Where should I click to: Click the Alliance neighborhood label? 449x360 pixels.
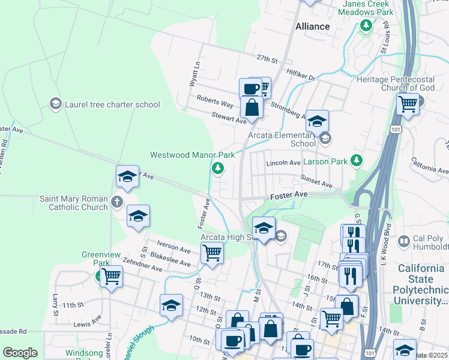click(313, 26)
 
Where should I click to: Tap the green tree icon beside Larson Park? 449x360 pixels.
click(357, 160)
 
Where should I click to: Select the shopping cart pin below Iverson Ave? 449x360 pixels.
click(212, 253)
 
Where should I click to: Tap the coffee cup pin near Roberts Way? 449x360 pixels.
click(250, 89)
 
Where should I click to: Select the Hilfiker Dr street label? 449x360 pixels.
click(301, 76)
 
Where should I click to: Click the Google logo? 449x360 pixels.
click(20, 353)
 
